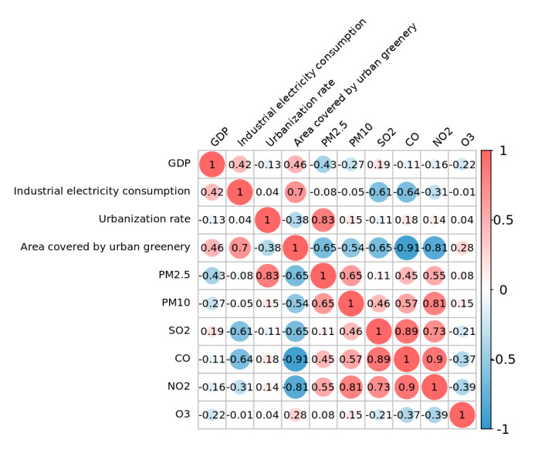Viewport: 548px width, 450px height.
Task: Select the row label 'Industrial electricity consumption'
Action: tap(102, 191)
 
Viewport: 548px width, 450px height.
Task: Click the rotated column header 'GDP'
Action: tap(219, 137)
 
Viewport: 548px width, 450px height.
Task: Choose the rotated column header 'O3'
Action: tap(467, 140)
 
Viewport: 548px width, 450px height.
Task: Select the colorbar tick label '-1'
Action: tap(502, 428)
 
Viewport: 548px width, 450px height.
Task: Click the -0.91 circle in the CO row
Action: tap(296, 359)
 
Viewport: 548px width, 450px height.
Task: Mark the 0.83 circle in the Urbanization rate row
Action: tap(323, 219)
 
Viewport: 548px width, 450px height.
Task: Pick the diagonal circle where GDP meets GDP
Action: tap(211, 164)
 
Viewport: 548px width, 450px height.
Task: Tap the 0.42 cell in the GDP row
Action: tap(240, 164)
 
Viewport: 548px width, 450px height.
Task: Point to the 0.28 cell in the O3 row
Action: tap(296, 414)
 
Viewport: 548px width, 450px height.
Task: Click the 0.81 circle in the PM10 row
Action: tap(436, 303)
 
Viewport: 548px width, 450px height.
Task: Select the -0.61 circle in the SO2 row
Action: tap(240, 330)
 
